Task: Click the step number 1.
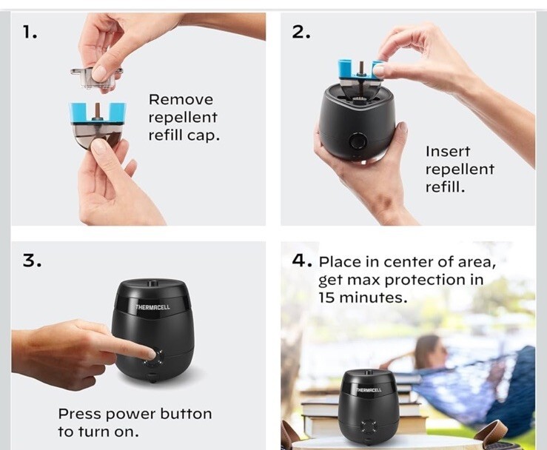tap(30, 33)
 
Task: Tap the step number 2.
tap(301, 33)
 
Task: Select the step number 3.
tap(32, 261)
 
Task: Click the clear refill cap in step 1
tap(96, 77)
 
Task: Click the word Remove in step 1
tap(181, 99)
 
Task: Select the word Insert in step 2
tap(448, 151)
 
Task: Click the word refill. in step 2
tap(445, 187)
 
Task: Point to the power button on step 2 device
tap(358, 142)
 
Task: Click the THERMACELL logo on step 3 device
tap(152, 307)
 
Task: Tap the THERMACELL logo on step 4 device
tap(369, 389)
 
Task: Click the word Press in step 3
tap(79, 414)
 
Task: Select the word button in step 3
tap(186, 414)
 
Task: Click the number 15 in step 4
tap(326, 298)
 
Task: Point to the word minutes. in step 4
tap(373, 298)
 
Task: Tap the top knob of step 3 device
tap(152, 283)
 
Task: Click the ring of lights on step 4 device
tap(369, 426)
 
